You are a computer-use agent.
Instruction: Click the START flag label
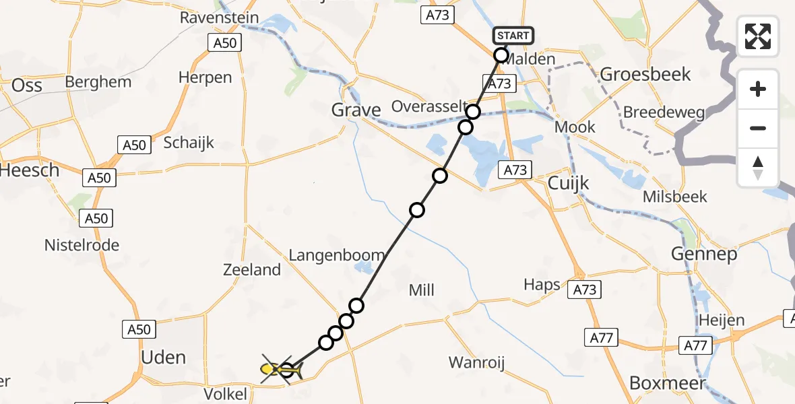pyautogui.click(x=513, y=35)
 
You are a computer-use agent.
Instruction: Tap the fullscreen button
pyautogui.click(x=758, y=36)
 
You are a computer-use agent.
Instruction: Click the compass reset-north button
pyautogui.click(x=758, y=168)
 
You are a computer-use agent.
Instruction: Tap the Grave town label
pyautogui.click(x=356, y=110)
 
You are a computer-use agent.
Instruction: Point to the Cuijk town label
pyautogui.click(x=568, y=182)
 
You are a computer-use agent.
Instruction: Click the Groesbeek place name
pyautogui.click(x=645, y=74)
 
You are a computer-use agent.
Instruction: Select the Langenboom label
pyautogui.click(x=337, y=255)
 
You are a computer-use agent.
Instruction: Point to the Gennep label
pyautogui.click(x=704, y=254)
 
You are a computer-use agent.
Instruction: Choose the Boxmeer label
pyautogui.click(x=667, y=383)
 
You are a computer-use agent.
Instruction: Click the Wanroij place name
pyautogui.click(x=477, y=363)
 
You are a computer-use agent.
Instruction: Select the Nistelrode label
pyautogui.click(x=82, y=245)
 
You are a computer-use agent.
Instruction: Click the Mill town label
pyautogui.click(x=422, y=290)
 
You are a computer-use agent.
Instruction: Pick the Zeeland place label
pyautogui.click(x=252, y=270)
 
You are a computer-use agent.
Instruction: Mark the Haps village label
pyautogui.click(x=542, y=285)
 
